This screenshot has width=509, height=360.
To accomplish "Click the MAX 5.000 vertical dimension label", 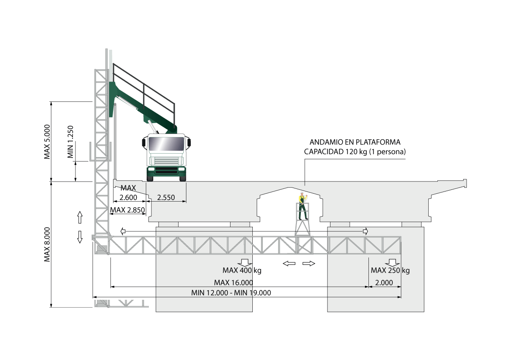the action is point(48,142).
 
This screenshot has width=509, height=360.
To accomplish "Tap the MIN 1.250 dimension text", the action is point(70,142).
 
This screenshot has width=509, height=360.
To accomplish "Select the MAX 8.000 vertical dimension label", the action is point(48,244).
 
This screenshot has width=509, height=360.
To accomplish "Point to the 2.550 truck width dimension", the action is point(166,197).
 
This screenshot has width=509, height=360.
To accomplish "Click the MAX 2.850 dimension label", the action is point(127,210).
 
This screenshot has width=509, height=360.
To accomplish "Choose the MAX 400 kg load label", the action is point(242,270).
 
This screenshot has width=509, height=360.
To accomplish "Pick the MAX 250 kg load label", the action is point(390,270).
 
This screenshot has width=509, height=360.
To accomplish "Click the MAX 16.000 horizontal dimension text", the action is point(234,283).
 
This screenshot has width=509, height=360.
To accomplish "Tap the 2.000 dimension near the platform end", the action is point(384,283).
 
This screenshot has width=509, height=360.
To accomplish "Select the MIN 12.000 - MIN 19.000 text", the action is point(231,293).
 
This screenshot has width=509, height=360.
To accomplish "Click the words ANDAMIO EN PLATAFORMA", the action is point(355,142).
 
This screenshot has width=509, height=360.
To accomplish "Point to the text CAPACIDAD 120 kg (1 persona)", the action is point(355,151).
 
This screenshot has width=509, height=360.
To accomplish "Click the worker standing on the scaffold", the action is point(303,206).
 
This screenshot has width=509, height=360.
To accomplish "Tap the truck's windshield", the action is point(166,144).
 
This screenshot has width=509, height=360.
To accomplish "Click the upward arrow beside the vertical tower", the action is point(80,217).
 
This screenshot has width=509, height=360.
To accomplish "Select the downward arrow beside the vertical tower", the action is point(80,237).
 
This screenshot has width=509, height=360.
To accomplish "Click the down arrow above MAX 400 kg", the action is point(245,263).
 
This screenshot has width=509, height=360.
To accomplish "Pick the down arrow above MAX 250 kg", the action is point(392,263).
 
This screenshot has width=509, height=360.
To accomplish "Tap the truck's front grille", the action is point(166,161).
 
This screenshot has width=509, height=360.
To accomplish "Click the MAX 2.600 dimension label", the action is point(128,193).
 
